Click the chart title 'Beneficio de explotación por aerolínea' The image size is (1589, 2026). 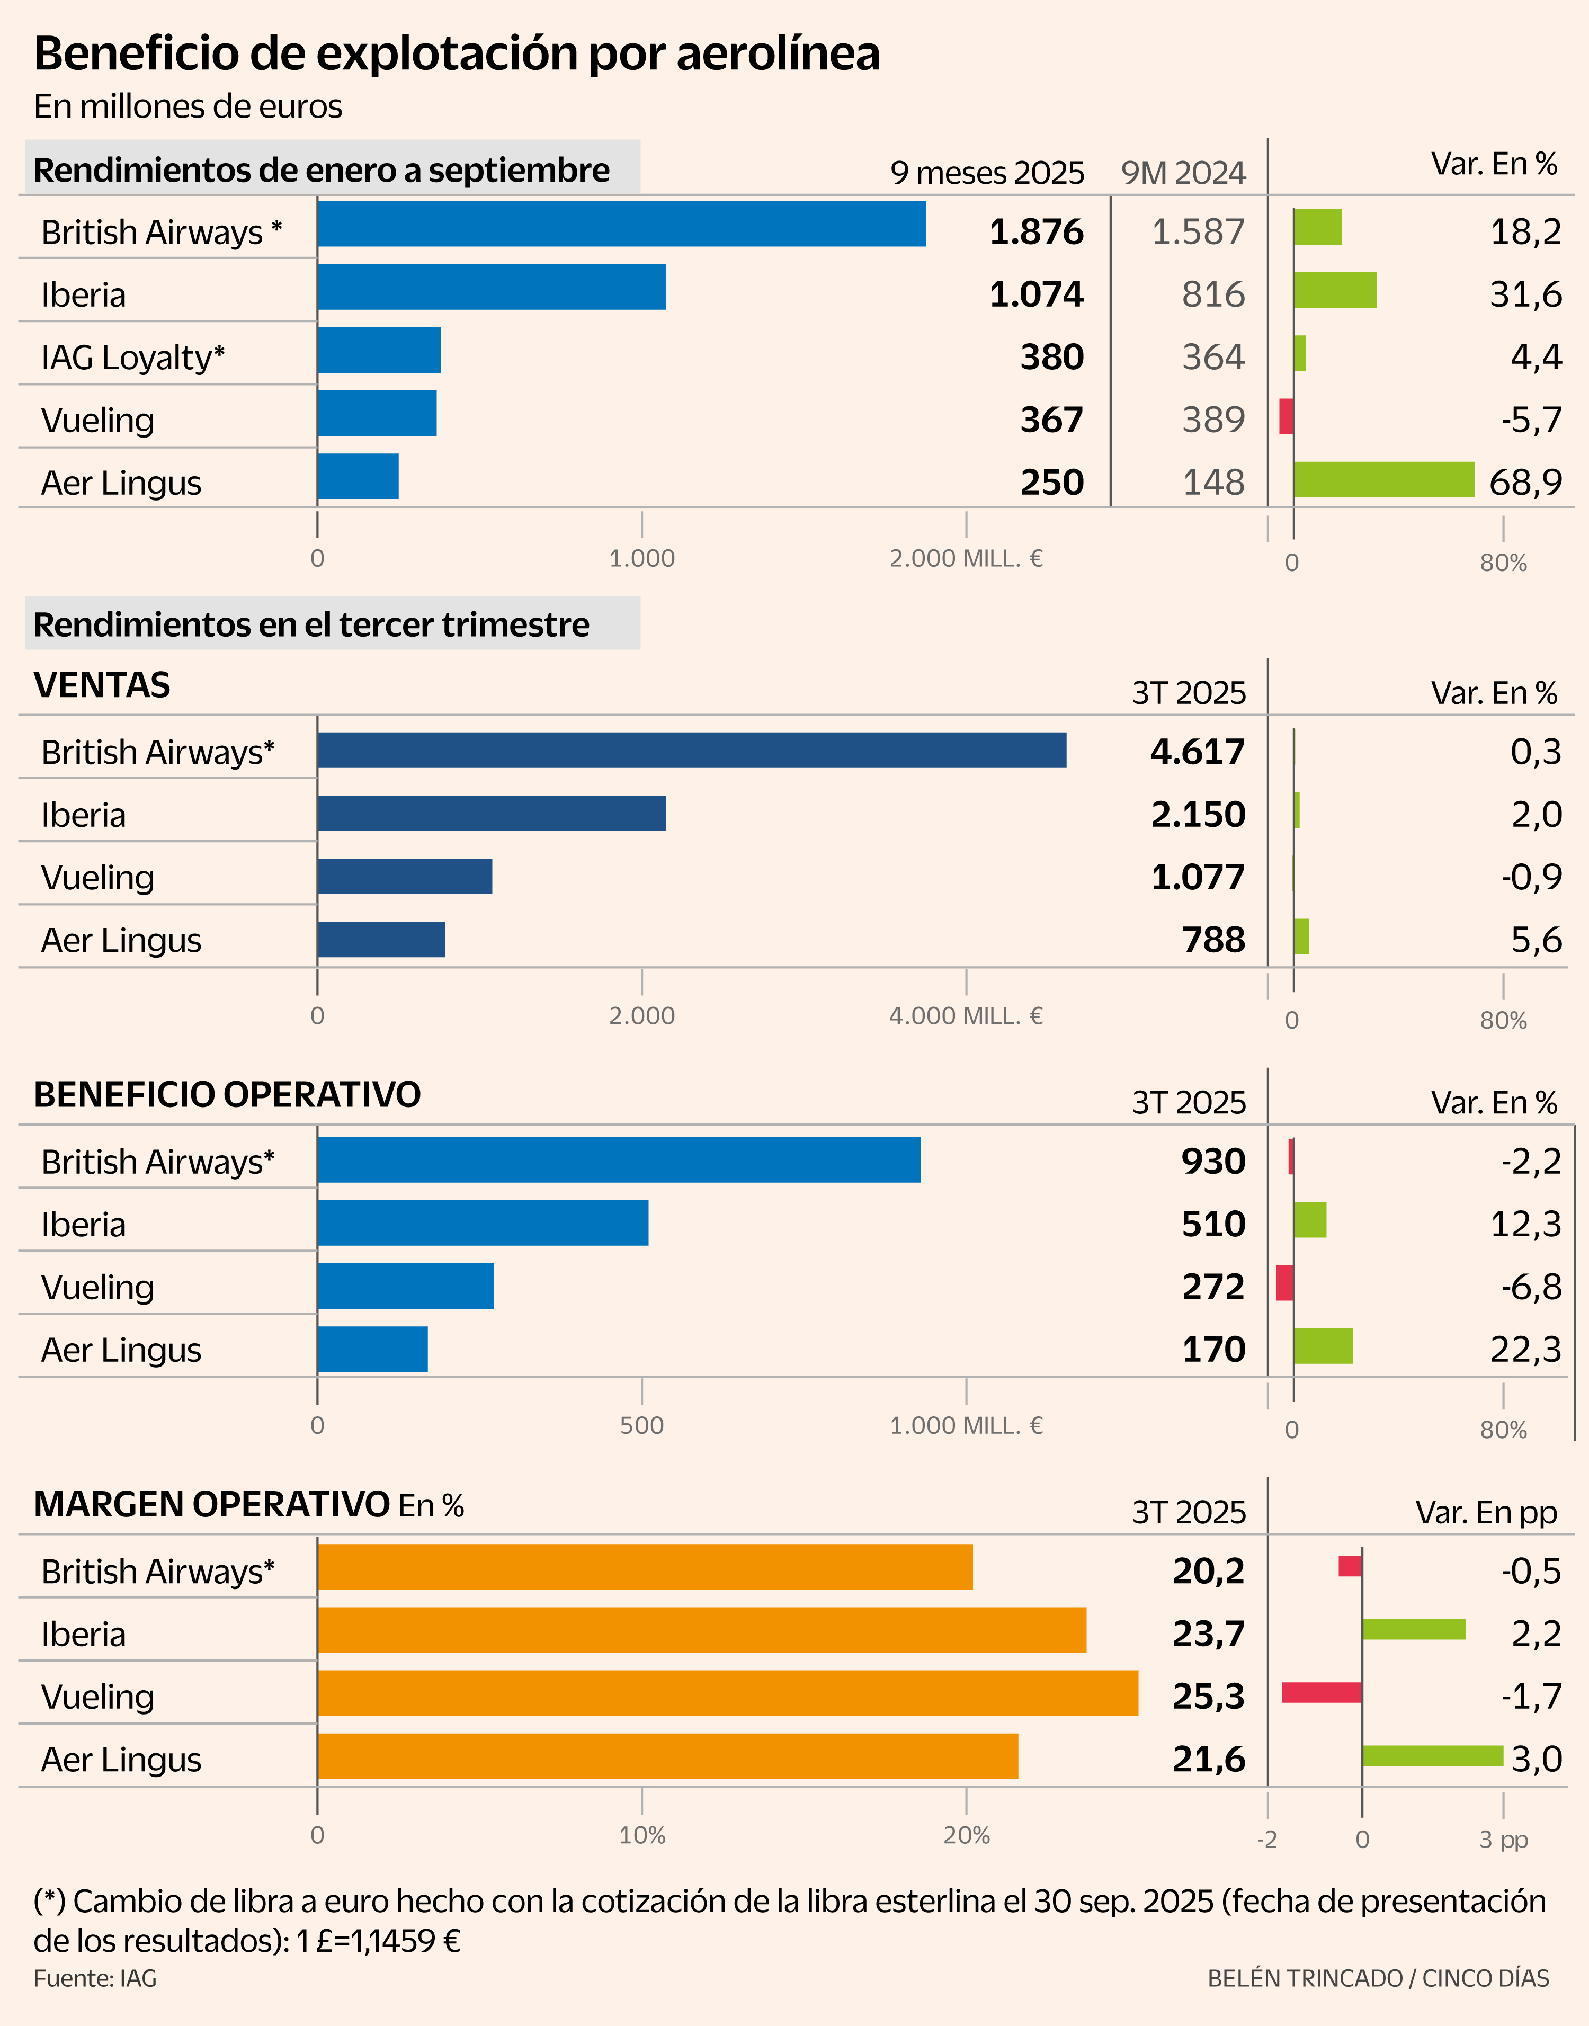point(456,53)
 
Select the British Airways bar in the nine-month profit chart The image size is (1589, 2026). point(621,224)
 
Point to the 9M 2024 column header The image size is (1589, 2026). point(1182,173)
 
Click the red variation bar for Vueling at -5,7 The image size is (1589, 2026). point(1286,417)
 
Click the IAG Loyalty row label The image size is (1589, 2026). point(133,357)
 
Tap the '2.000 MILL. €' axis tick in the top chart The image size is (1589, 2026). point(966,558)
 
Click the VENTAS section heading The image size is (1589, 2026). point(102,685)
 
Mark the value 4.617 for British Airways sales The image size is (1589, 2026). point(1198,752)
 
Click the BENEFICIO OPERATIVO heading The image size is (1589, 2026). point(227,1095)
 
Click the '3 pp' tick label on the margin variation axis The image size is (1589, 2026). point(1503,1839)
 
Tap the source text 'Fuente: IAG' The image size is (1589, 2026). point(95,1978)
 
